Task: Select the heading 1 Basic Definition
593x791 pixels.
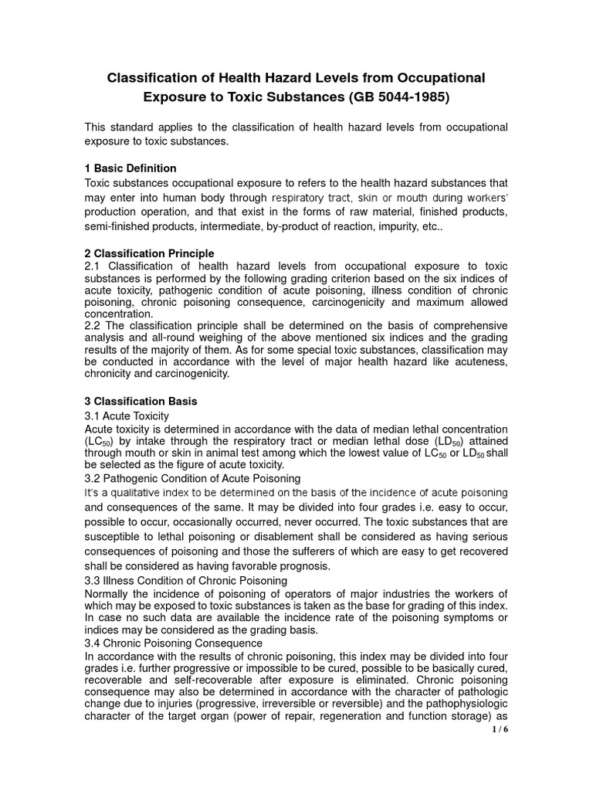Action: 130,168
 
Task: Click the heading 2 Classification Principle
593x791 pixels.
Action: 148,253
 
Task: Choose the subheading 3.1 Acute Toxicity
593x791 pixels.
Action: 126,416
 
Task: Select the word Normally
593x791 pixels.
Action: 110,593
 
